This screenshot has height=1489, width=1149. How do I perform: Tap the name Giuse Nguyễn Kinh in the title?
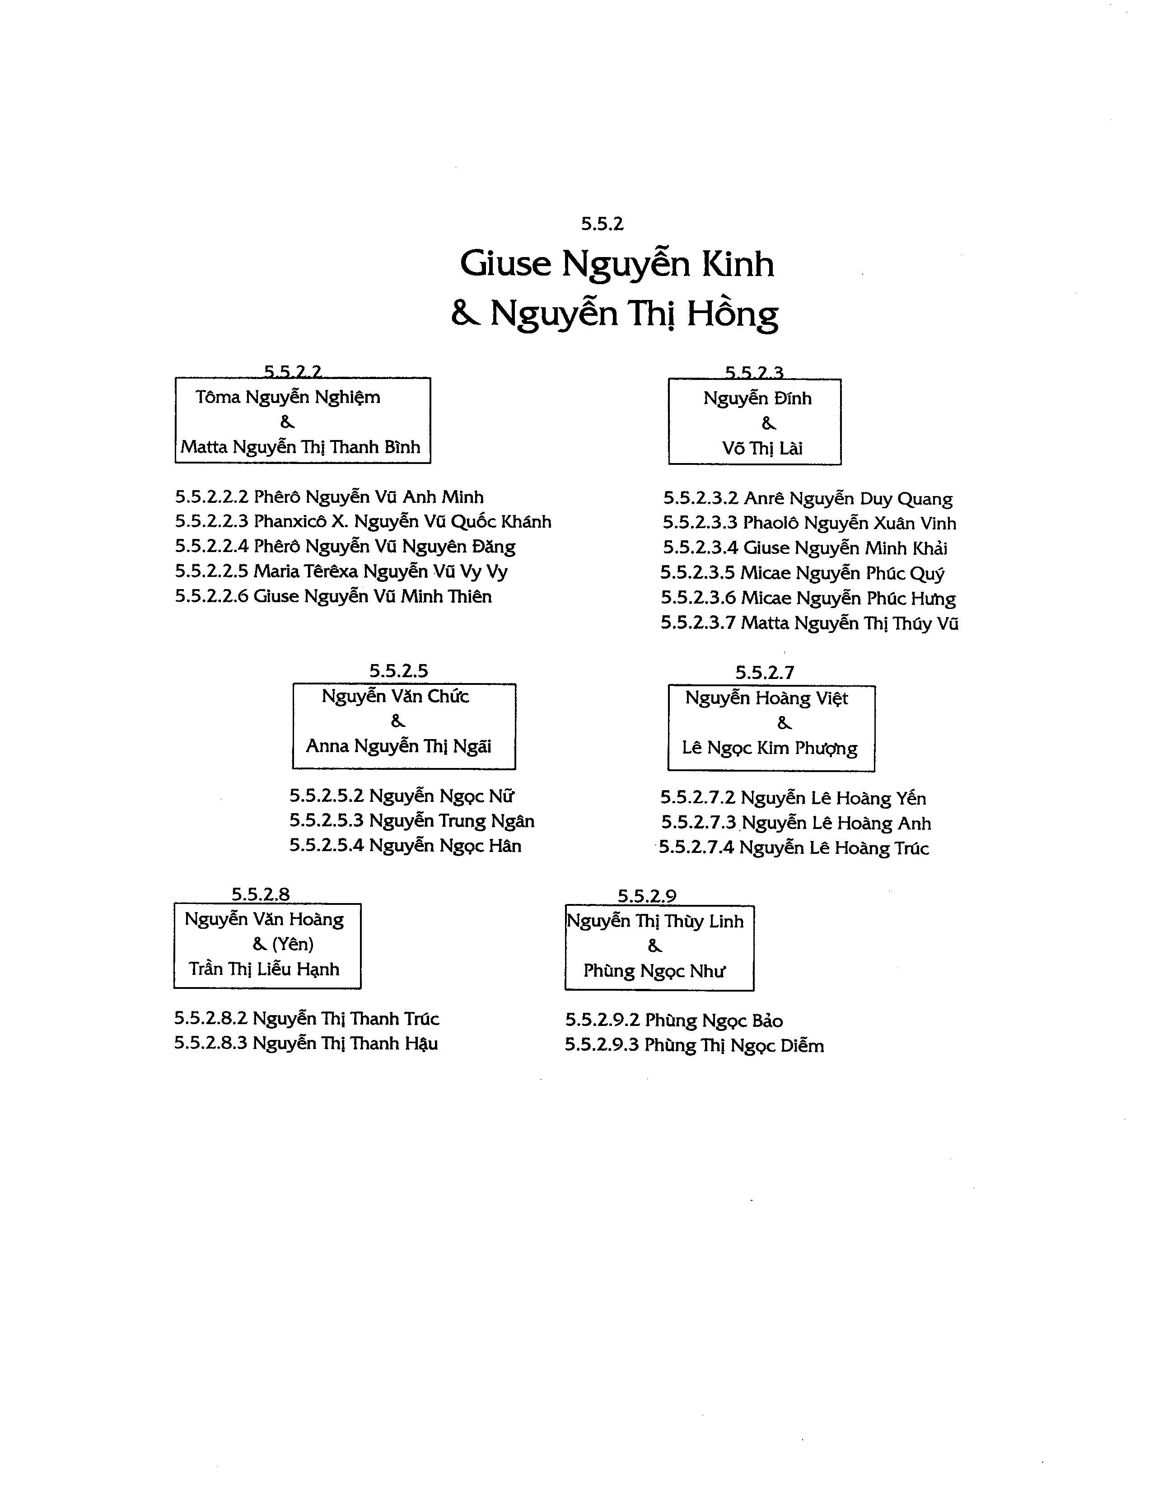[617, 263]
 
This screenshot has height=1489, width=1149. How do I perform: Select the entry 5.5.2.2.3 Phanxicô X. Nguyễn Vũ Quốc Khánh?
[363, 522]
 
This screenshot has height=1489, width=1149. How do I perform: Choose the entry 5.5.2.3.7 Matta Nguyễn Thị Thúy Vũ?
[810, 623]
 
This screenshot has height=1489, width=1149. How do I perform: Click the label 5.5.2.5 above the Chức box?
[399, 671]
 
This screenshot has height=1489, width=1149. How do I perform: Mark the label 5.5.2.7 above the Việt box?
[765, 673]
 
